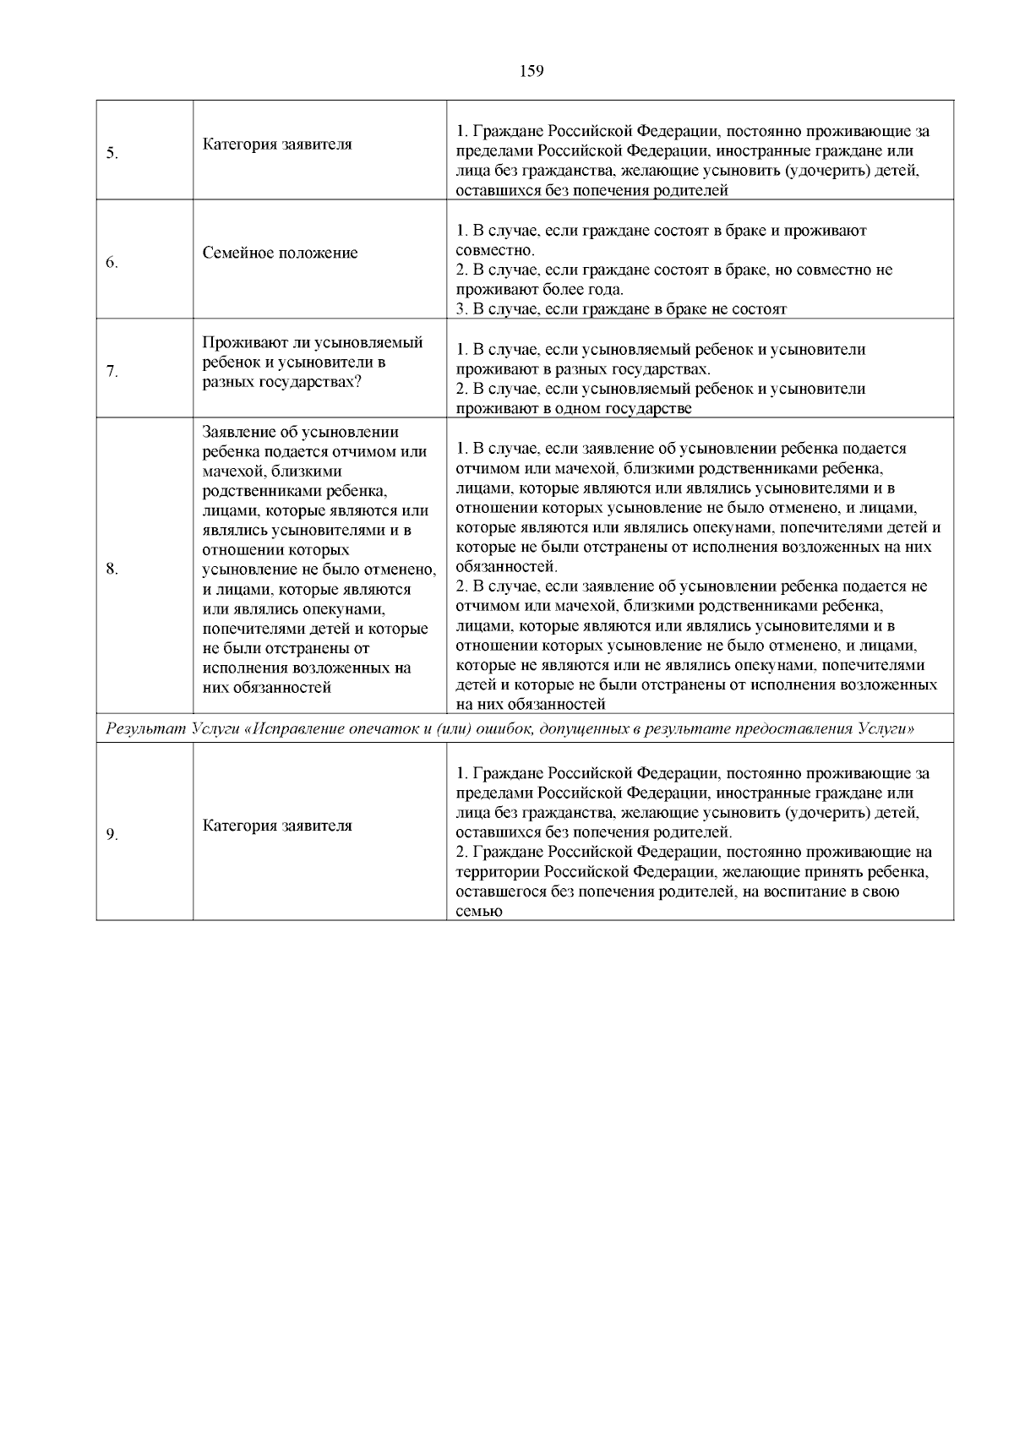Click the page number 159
531,71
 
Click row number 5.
112,154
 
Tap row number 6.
112,263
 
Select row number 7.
112,371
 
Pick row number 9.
112,835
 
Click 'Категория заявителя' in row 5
277,144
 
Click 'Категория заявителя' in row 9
277,826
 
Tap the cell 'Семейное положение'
280,253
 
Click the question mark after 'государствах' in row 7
357,381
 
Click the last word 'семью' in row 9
479,911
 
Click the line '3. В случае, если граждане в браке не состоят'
621,309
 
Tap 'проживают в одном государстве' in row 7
574,409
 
